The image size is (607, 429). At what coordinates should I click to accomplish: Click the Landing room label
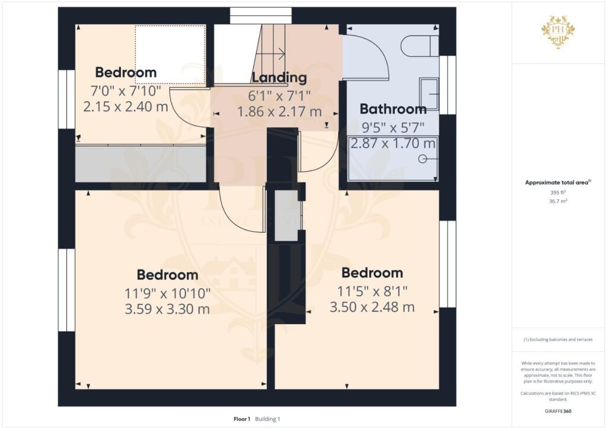[x=279, y=78]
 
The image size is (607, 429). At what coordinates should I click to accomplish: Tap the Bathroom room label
[x=393, y=109]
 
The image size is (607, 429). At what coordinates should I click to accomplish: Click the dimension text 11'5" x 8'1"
[x=372, y=290]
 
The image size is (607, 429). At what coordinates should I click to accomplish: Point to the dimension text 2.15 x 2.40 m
[x=126, y=107]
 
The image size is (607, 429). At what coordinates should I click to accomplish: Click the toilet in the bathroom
[x=420, y=45]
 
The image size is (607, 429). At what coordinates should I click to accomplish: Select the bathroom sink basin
[x=429, y=94]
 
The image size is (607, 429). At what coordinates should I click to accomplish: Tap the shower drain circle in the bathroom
[x=423, y=159]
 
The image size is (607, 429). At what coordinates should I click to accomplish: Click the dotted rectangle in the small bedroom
[x=170, y=55]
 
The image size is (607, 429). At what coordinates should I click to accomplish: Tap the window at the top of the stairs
[x=261, y=15]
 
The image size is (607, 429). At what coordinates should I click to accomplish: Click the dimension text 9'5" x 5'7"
[x=393, y=126]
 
